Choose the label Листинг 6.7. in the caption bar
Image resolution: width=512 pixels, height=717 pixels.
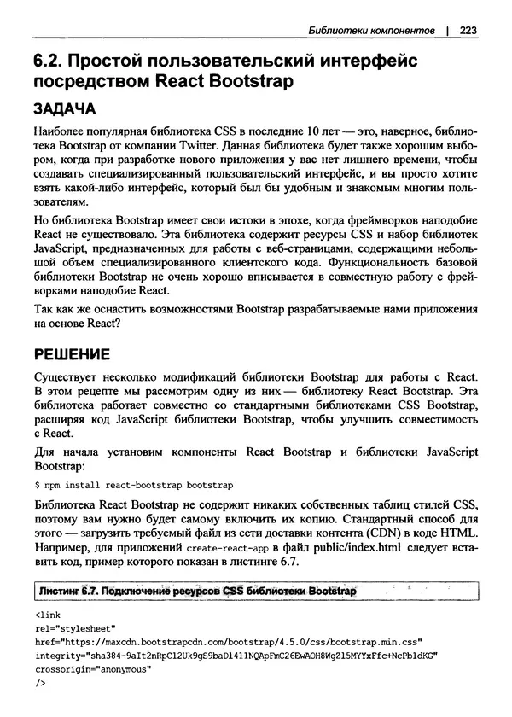click(67, 592)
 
